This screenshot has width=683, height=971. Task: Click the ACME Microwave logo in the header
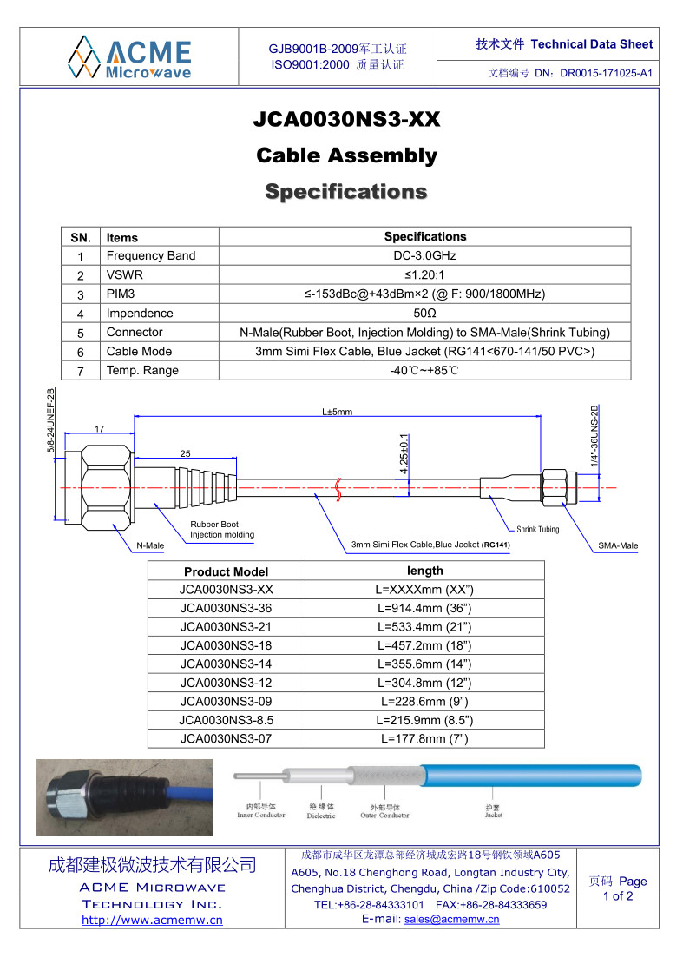(129, 57)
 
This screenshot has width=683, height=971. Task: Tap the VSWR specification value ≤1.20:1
(425, 274)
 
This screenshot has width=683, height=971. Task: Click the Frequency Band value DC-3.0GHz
(425, 255)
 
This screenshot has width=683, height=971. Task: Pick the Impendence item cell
(140, 313)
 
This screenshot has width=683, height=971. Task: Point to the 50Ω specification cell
(425, 313)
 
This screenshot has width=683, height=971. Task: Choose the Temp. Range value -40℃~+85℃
(425, 370)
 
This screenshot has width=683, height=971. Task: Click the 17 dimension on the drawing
(100, 429)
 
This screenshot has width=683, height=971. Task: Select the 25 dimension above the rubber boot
(185, 454)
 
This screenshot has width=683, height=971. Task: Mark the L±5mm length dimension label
(337, 412)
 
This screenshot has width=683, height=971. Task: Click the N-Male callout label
(150, 545)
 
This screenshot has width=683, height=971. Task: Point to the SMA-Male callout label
(618, 545)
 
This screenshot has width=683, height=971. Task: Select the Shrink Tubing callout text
(538, 529)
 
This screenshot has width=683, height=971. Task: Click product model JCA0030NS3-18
(226, 645)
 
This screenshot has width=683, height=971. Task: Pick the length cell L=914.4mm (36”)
(425, 608)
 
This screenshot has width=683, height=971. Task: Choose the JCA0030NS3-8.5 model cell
(226, 720)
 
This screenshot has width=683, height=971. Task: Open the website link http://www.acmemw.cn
(152, 920)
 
